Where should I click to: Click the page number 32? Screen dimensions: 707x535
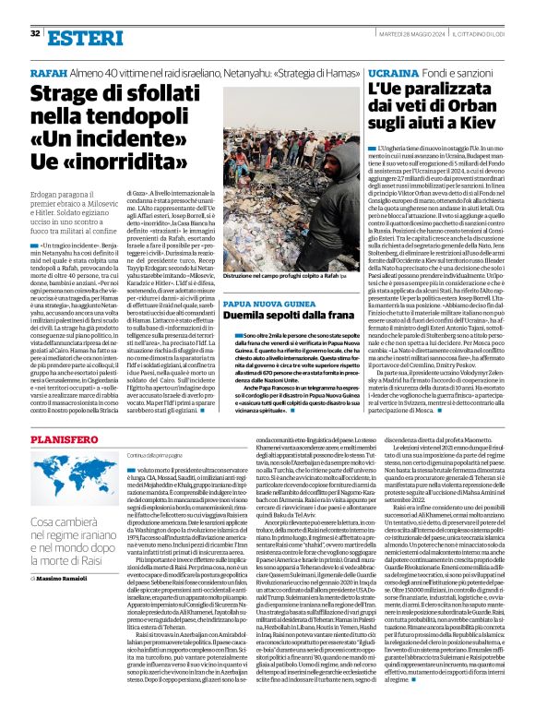35,33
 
